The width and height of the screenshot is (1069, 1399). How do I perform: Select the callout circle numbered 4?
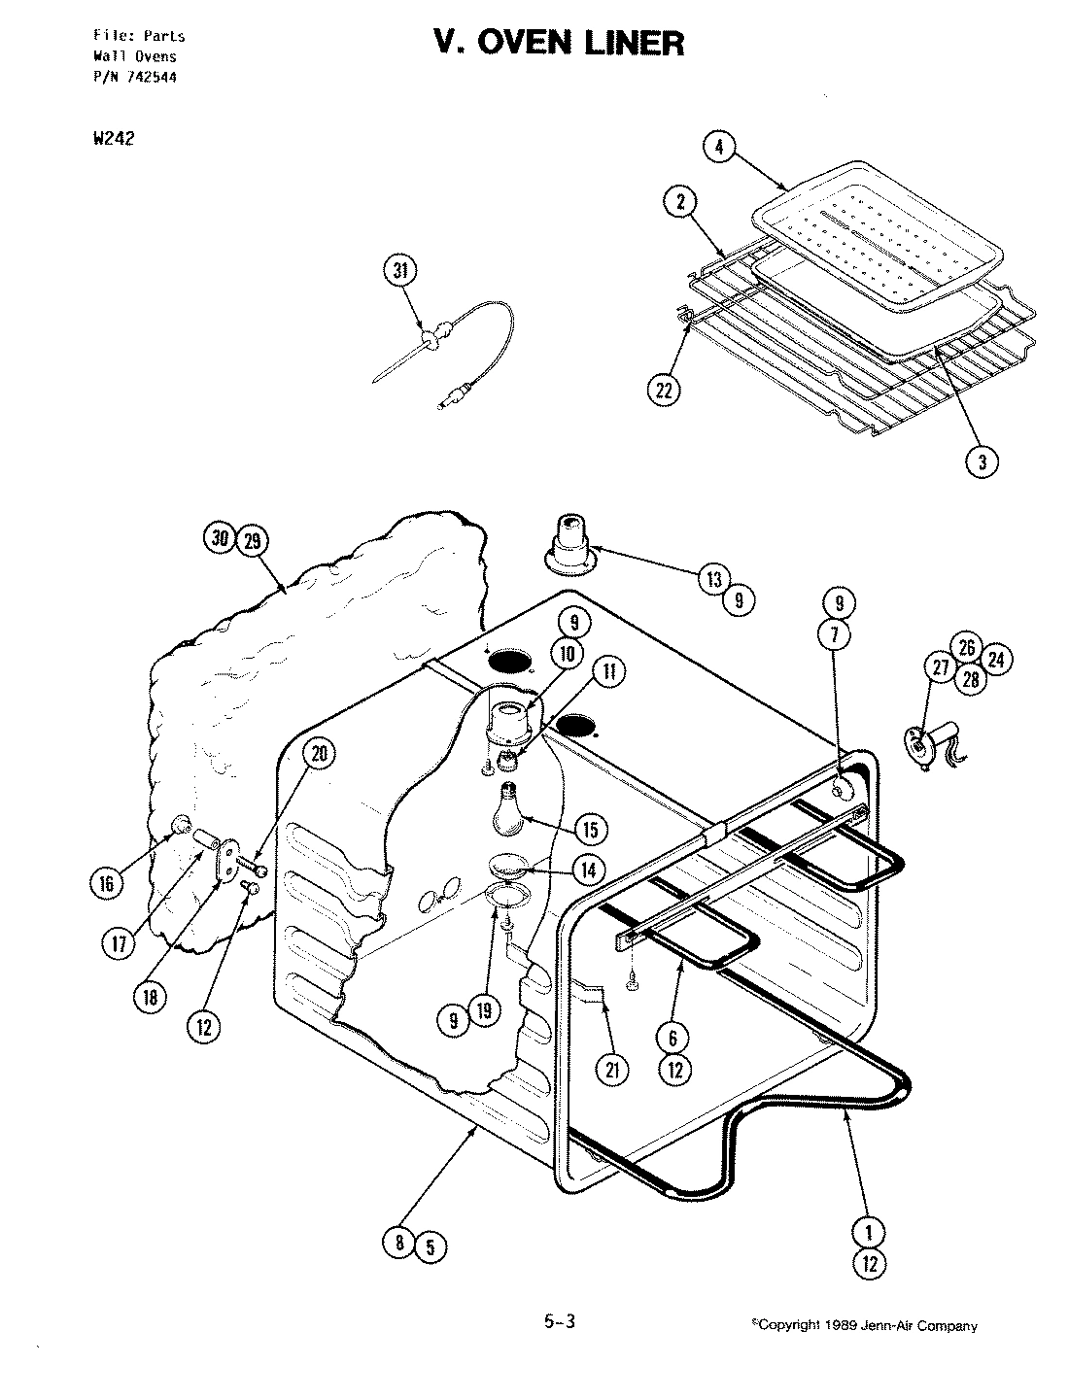(718, 148)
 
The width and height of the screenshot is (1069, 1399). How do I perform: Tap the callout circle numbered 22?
(664, 390)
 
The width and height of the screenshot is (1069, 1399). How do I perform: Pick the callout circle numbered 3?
(983, 462)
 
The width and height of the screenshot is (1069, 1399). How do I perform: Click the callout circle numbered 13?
(714, 579)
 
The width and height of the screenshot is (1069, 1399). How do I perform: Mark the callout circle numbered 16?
(107, 882)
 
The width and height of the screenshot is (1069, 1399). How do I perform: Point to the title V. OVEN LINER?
(559, 44)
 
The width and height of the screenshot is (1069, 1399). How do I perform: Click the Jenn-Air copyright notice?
(865, 1325)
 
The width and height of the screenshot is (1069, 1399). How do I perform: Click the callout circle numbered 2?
(680, 202)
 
